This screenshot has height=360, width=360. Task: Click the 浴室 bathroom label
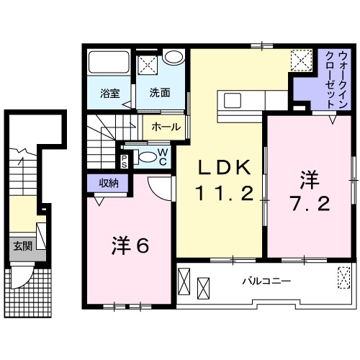pyautogui.click(x=109, y=92)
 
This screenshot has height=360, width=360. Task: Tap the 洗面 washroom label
pyautogui.click(x=160, y=92)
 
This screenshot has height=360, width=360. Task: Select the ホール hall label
pyautogui.click(x=167, y=127)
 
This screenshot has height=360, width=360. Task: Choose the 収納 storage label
pyautogui.click(x=109, y=183)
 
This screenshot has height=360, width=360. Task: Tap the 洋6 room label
pyautogui.click(x=130, y=246)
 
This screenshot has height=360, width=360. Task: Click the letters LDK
pyautogui.click(x=224, y=168)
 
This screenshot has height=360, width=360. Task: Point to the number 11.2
pyautogui.click(x=224, y=193)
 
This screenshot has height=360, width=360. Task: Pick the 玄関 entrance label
pyautogui.click(x=22, y=246)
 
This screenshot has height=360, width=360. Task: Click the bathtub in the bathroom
pyautogui.click(x=109, y=67)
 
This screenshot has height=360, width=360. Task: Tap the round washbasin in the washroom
pyautogui.click(x=173, y=58)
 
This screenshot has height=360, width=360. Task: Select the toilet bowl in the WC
pyautogui.click(x=146, y=158)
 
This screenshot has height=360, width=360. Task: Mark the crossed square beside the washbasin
pyautogui.click(x=149, y=63)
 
